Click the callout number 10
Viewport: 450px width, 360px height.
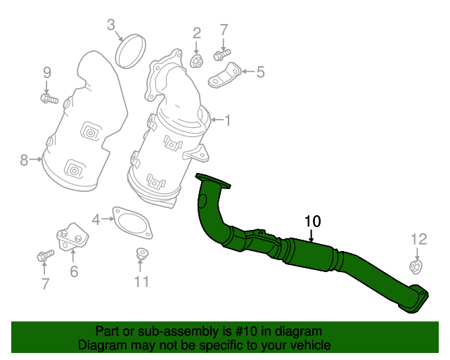coord(313,221)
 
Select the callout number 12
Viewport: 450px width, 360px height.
coord(418,239)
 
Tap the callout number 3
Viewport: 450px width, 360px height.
coord(111,26)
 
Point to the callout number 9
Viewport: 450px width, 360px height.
coord(47,72)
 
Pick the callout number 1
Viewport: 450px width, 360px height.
coord(226,121)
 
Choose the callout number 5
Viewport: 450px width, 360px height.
coord(260,71)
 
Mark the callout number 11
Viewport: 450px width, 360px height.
coord(142,282)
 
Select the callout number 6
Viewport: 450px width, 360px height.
coord(74,270)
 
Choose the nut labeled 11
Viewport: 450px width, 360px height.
coord(141,255)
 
